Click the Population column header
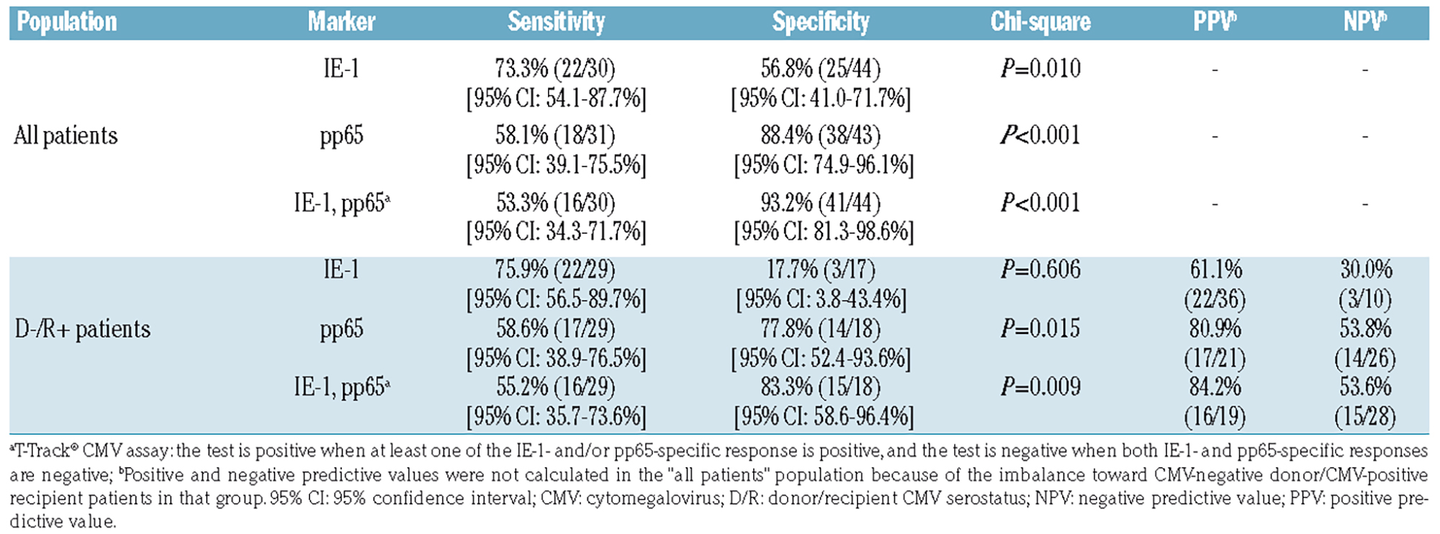(67, 22)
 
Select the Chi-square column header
(1040, 22)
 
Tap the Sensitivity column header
(556, 22)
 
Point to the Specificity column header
(821, 22)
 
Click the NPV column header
(1364, 22)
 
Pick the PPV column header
(1215, 22)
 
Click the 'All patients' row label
(66, 136)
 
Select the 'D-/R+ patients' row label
(83, 330)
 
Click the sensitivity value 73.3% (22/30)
(555, 69)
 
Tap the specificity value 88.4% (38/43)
(821, 136)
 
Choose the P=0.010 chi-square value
(1040, 69)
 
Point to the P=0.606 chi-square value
(1040, 270)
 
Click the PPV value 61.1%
(1215, 270)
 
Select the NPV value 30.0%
(1366, 270)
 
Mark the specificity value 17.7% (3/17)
(821, 270)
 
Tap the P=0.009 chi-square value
(1040, 387)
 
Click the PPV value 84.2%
(1215, 387)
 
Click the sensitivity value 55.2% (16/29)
(555, 387)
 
